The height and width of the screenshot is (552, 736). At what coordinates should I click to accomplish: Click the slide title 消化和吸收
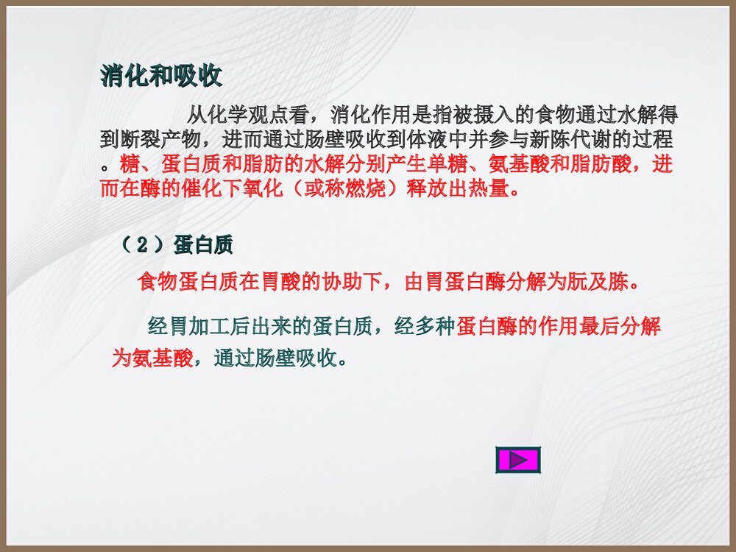coord(161,77)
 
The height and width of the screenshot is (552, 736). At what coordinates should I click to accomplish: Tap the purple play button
coord(518,461)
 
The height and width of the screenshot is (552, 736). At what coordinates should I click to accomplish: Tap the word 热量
coord(489,188)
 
